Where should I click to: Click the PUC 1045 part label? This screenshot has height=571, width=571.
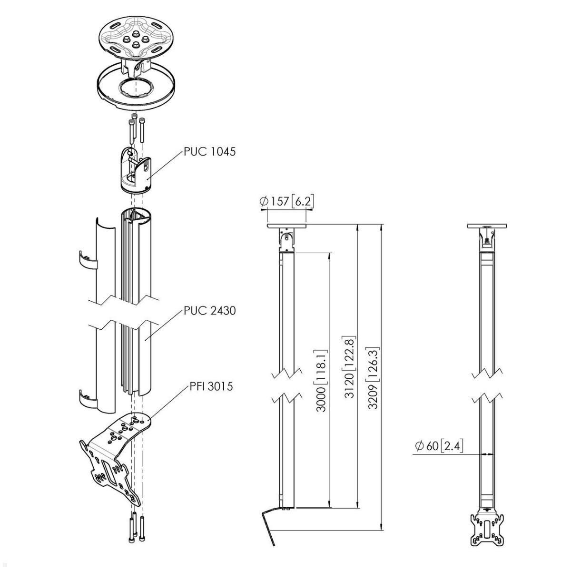pyautogui.click(x=209, y=152)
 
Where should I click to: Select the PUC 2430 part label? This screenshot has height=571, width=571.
pyautogui.click(x=209, y=311)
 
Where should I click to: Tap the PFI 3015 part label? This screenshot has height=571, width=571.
pyautogui.click(x=209, y=386)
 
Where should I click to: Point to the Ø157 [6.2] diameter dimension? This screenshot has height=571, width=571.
pyautogui.click(x=287, y=202)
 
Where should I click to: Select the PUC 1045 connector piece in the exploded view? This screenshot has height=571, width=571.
pyautogui.click(x=135, y=170)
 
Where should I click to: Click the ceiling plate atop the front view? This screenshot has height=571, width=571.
pyautogui.click(x=486, y=226)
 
